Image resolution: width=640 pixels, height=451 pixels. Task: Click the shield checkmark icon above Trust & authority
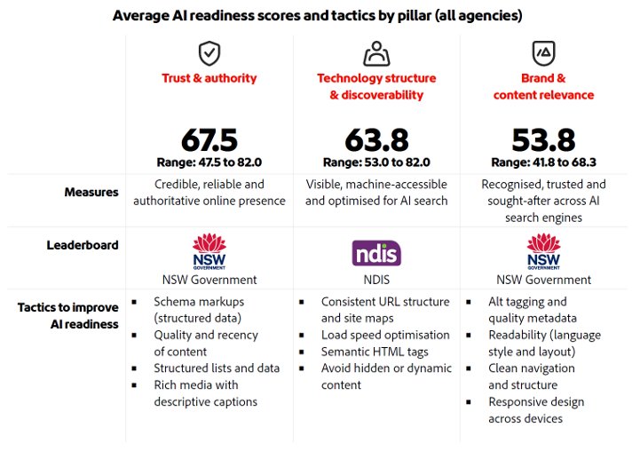[209, 53]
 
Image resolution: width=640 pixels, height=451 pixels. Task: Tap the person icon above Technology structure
[376, 53]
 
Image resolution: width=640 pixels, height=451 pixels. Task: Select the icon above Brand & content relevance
[543, 53]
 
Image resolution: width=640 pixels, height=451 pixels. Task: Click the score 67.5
[209, 140]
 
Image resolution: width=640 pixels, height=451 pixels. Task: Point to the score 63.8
[376, 140]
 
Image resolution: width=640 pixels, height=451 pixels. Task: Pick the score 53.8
[543, 140]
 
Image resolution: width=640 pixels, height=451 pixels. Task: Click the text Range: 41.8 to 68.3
[543, 162]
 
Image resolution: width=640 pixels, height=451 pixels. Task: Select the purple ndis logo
[376, 253]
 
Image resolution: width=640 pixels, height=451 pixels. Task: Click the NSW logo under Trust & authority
[209, 251]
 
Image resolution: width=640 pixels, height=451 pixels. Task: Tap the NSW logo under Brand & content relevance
[543, 251]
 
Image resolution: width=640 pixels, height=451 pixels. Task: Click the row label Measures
[91, 192]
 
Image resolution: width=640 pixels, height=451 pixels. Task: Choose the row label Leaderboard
[83, 245]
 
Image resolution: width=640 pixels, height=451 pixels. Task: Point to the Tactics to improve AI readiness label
[68, 315]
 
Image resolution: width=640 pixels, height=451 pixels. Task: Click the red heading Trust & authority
[209, 79]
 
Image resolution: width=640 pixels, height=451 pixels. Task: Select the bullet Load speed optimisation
[385, 335]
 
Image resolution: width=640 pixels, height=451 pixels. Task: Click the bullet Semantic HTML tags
[373, 352]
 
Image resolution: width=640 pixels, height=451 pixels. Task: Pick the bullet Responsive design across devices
[536, 410]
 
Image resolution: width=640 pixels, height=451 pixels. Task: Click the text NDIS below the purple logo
[376, 280]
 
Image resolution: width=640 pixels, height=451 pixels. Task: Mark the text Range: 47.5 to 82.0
[209, 162]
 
